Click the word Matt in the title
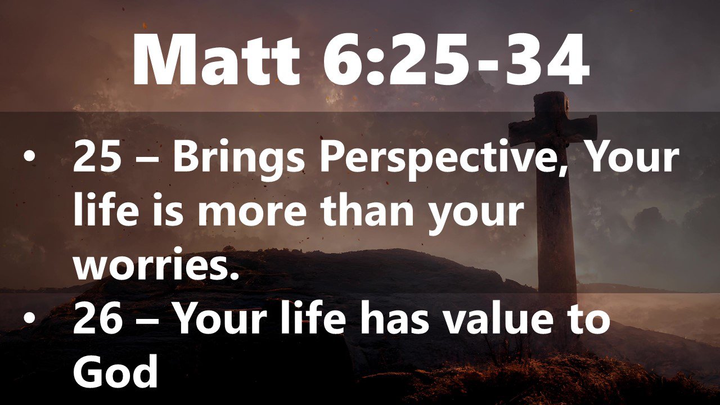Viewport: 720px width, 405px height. [216, 61]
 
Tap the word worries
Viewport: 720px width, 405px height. [156, 264]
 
